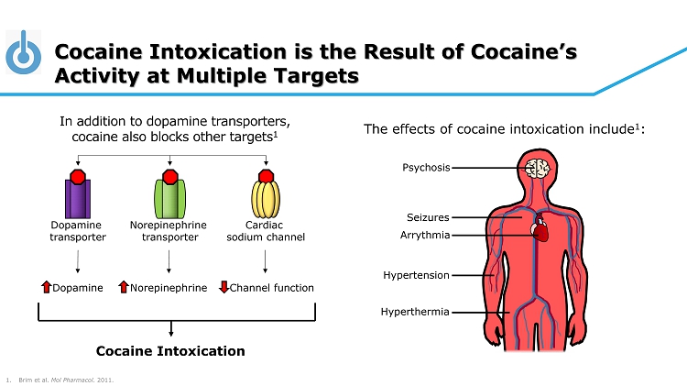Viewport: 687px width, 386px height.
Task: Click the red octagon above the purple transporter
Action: pyautogui.click(x=78, y=177)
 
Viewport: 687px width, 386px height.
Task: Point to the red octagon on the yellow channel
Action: pyautogui.click(x=266, y=177)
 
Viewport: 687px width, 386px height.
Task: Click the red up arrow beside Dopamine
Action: pyautogui.click(x=47, y=288)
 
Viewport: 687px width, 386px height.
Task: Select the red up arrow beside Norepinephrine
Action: pyautogui.click(x=124, y=288)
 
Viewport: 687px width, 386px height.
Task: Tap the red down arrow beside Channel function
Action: pyautogui.click(x=224, y=288)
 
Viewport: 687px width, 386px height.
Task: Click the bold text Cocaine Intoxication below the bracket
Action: pyautogui.click(x=170, y=351)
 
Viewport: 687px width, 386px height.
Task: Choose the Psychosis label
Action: pyautogui.click(x=426, y=168)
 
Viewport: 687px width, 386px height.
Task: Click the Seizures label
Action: pyautogui.click(x=428, y=217)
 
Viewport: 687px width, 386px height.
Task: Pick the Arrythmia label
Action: pyautogui.click(x=426, y=235)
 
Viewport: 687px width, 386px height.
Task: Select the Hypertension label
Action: pyautogui.click(x=416, y=275)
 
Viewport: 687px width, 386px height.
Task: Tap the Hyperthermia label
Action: pyautogui.click(x=415, y=312)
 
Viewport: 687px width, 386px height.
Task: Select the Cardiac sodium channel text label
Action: pyautogui.click(x=266, y=231)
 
